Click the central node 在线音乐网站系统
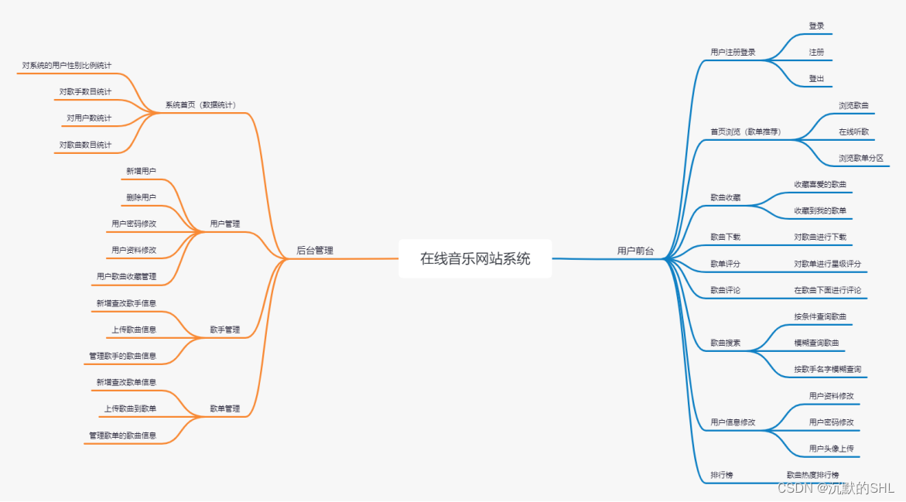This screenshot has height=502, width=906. click(475, 258)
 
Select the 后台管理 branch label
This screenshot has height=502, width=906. click(315, 251)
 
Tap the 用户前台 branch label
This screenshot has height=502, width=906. click(635, 251)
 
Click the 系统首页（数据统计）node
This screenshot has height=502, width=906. click(200, 104)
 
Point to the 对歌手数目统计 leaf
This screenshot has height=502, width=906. click(85, 91)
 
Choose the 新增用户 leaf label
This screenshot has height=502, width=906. click(142, 171)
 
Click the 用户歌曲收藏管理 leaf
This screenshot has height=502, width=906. click(126, 276)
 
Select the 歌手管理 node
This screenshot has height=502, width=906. click(225, 330)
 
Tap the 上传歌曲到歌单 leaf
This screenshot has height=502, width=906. click(130, 408)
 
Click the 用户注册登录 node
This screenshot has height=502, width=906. click(733, 53)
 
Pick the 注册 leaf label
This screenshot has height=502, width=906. click(816, 53)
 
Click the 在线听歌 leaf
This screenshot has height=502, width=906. click(853, 131)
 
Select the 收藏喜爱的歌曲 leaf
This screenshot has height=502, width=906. click(820, 184)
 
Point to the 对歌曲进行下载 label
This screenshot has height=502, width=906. click(820, 237)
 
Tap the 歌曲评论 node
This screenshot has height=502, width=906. click(726, 290)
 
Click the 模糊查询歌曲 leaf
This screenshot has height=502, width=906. click(816, 343)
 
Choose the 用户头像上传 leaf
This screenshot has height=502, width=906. click(831, 448)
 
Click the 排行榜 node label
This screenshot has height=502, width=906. click(722, 474)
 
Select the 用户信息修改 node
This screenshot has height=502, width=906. click(733, 422)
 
